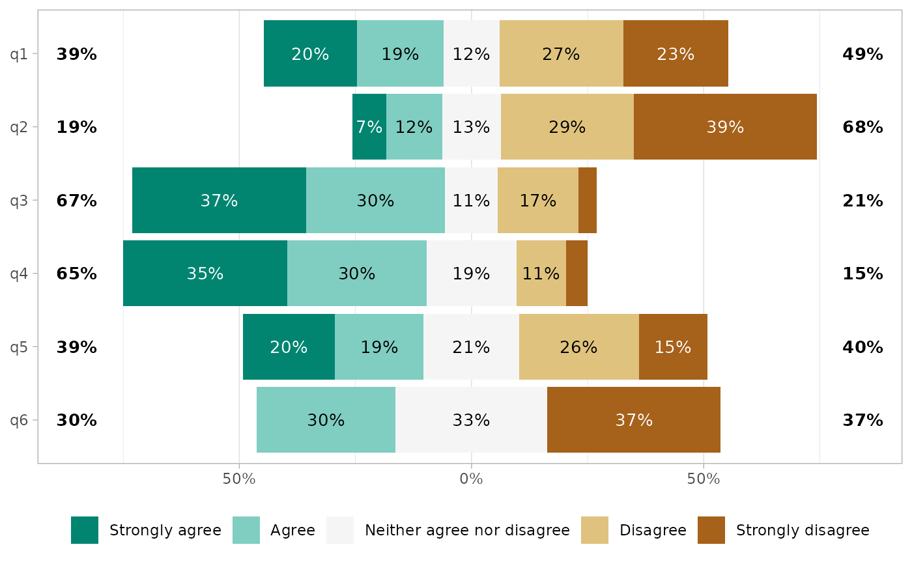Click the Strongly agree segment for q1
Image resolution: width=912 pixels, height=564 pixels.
[x=310, y=53]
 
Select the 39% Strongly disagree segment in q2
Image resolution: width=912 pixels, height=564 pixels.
[x=725, y=127]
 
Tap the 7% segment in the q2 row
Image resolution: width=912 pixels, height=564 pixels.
[x=369, y=127]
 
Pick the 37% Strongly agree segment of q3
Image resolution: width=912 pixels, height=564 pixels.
[x=219, y=201]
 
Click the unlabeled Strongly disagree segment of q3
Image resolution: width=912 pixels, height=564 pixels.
[x=588, y=201]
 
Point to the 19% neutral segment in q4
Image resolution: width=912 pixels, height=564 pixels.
[x=471, y=274]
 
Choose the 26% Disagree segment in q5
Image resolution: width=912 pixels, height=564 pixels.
[x=578, y=347]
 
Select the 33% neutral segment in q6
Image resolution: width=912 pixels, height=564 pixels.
[x=471, y=420]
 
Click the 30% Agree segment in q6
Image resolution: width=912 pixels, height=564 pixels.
[x=326, y=420]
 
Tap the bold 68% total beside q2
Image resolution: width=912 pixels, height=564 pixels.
[x=862, y=127]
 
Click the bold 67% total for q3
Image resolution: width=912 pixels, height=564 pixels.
[x=76, y=201]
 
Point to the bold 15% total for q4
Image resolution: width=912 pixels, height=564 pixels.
[x=862, y=274]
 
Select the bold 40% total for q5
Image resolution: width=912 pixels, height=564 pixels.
[x=862, y=347]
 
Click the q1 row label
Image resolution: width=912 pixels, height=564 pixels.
[x=19, y=54]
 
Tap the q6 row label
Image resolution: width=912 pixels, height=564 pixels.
[x=19, y=420]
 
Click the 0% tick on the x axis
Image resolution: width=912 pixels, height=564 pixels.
[x=471, y=480]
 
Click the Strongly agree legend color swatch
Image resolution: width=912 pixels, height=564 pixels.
[x=85, y=530]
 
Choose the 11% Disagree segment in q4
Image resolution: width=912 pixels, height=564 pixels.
[x=541, y=274]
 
